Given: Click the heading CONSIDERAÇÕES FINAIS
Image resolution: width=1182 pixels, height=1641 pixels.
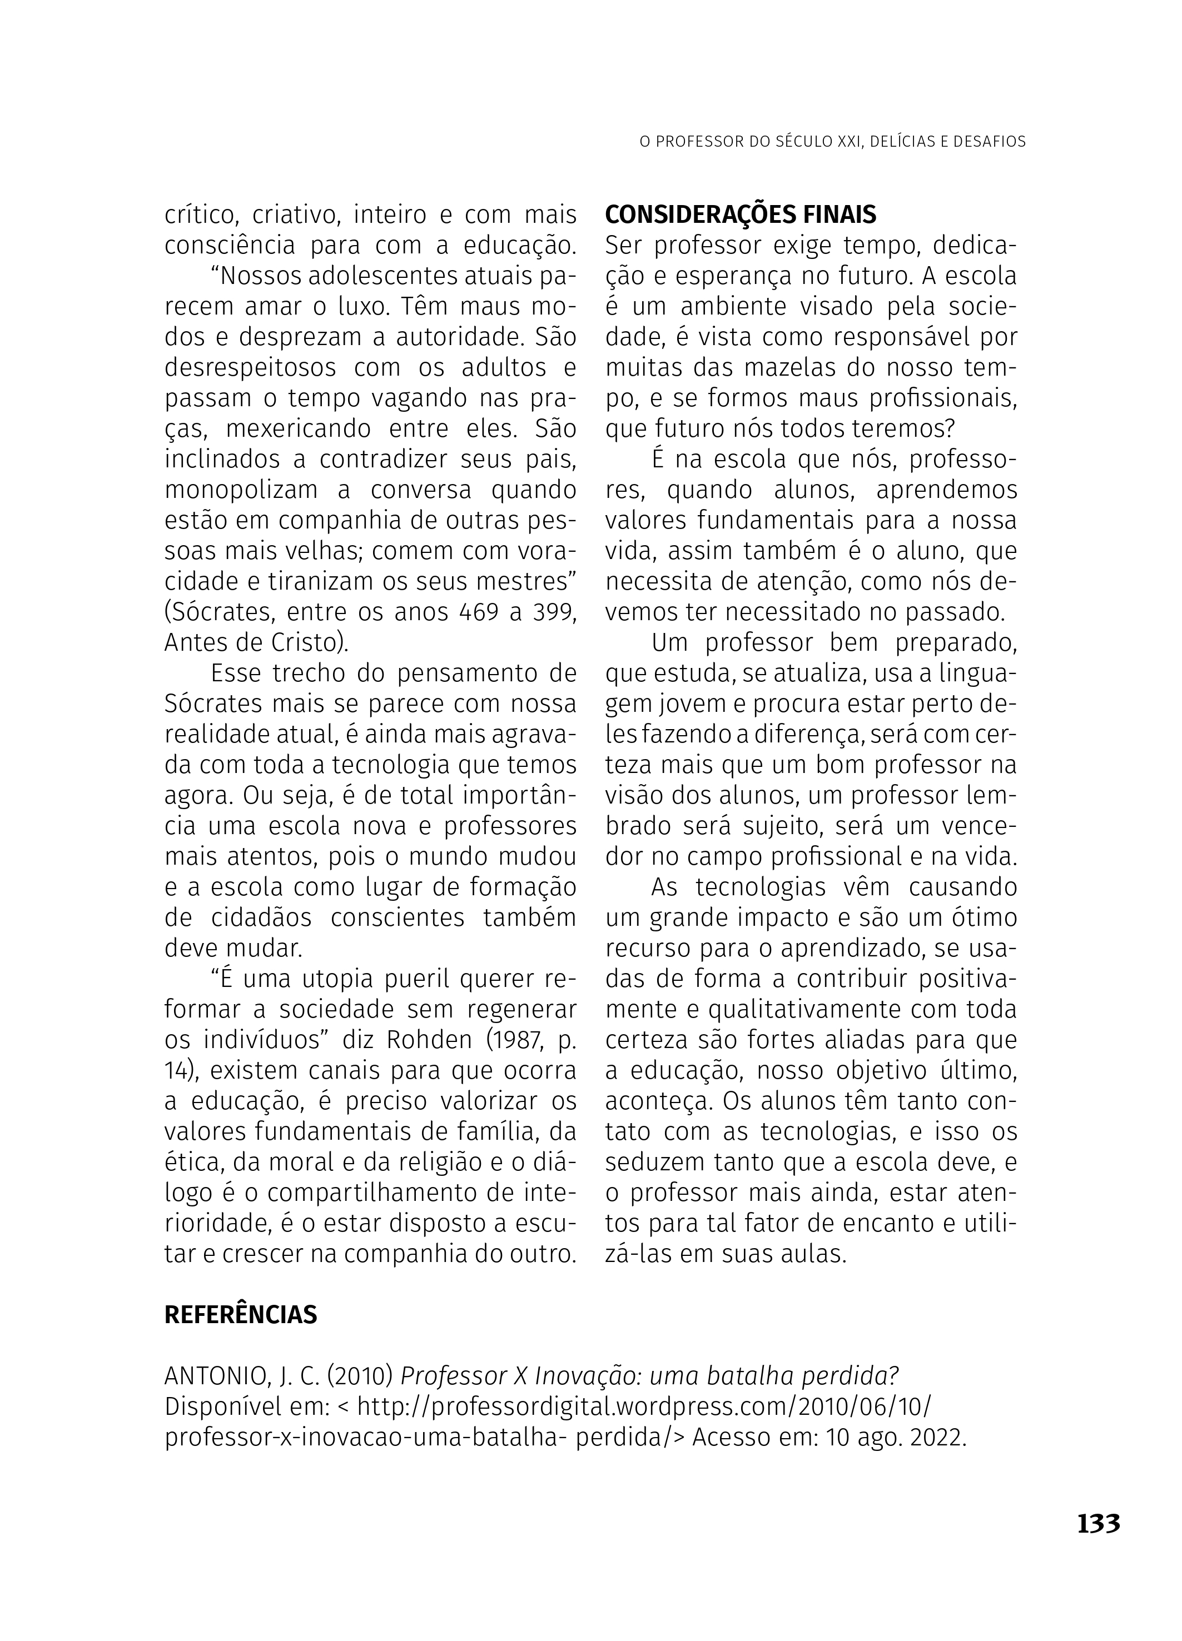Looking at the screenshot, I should click(740, 214).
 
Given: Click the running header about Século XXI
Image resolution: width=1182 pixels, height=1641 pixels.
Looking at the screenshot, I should click(832, 142).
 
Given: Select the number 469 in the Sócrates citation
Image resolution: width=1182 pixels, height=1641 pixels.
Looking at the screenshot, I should click(479, 612).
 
